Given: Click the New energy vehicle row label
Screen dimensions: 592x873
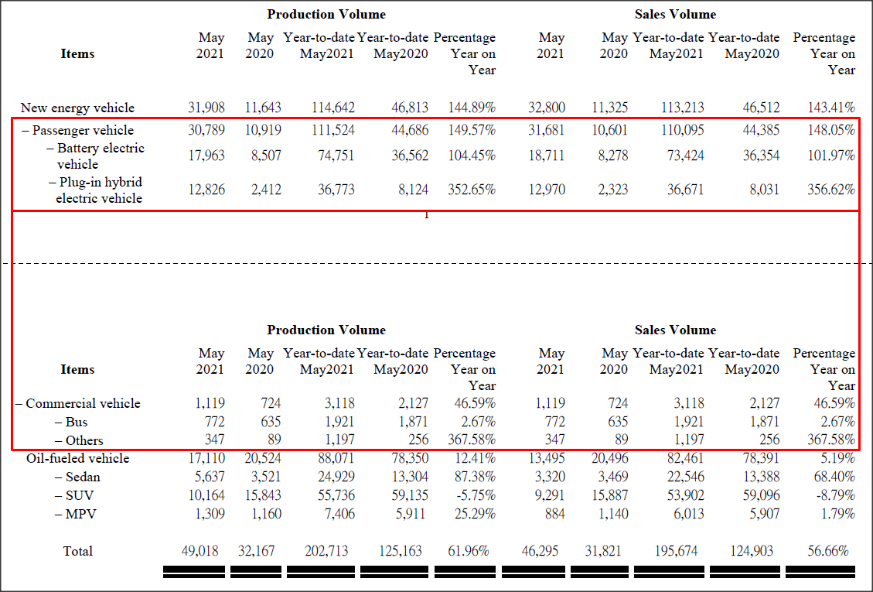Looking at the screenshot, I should click(x=77, y=108).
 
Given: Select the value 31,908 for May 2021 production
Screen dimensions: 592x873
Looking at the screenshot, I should click(x=206, y=108).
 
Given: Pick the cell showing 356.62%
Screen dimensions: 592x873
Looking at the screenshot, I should click(x=831, y=190).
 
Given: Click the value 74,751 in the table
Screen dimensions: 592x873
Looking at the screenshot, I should click(x=332, y=156).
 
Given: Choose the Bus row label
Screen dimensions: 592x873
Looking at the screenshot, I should click(x=77, y=422).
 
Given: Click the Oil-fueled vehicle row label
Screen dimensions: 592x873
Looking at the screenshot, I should click(x=77, y=458).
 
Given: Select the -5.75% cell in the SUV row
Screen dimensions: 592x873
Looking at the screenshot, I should click(x=474, y=495).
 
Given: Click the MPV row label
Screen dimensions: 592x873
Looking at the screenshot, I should click(x=80, y=514).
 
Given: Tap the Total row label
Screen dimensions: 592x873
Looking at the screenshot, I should click(x=77, y=551).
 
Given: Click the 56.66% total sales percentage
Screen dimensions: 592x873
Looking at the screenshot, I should click(x=827, y=551).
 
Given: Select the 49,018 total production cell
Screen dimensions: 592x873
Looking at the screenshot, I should click(x=199, y=551).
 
